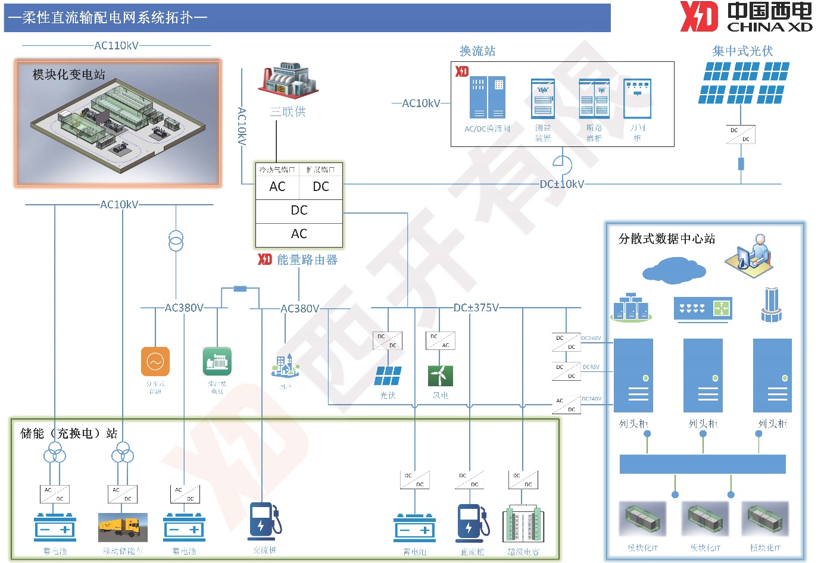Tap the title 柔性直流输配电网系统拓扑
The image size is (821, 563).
[x=108, y=18]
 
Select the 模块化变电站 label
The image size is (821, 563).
[x=69, y=74]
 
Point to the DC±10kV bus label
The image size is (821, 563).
[x=561, y=184]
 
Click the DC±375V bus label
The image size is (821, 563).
[x=476, y=308]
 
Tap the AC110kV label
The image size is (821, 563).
[x=116, y=45]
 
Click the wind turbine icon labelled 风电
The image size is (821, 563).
[x=441, y=376]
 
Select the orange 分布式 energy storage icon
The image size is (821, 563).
[x=155, y=361]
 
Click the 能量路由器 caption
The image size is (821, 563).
[x=307, y=259]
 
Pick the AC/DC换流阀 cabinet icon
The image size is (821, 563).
[x=488, y=98]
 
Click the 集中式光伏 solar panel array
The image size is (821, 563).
[x=744, y=83]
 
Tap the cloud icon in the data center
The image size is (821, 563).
[x=673, y=270]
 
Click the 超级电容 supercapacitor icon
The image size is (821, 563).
[x=523, y=524]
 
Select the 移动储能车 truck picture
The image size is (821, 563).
[x=123, y=527]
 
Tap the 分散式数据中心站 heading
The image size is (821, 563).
[x=667, y=239]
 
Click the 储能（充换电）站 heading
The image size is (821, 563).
[x=69, y=433]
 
